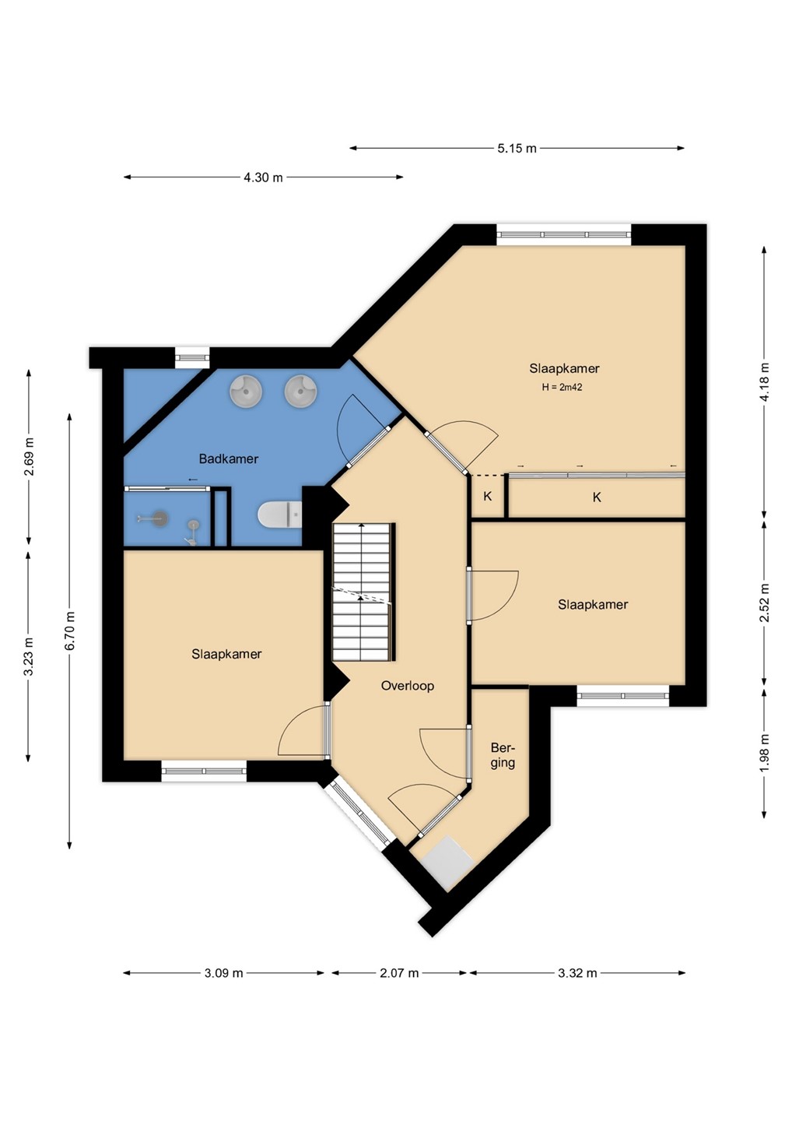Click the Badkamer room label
[x=229, y=459]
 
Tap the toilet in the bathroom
[x=280, y=514]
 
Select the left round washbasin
[x=245, y=390]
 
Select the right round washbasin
[x=300, y=390]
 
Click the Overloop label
[x=408, y=686]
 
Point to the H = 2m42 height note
[x=562, y=387]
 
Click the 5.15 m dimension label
[x=517, y=148]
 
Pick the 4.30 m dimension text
[x=263, y=177]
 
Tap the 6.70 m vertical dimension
[x=69, y=631]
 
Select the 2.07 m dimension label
[x=399, y=973]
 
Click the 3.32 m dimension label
[x=577, y=973]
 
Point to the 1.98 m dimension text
[x=765, y=754]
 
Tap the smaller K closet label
[x=488, y=497]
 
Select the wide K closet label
[x=597, y=497]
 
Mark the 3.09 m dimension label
[x=223, y=973]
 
